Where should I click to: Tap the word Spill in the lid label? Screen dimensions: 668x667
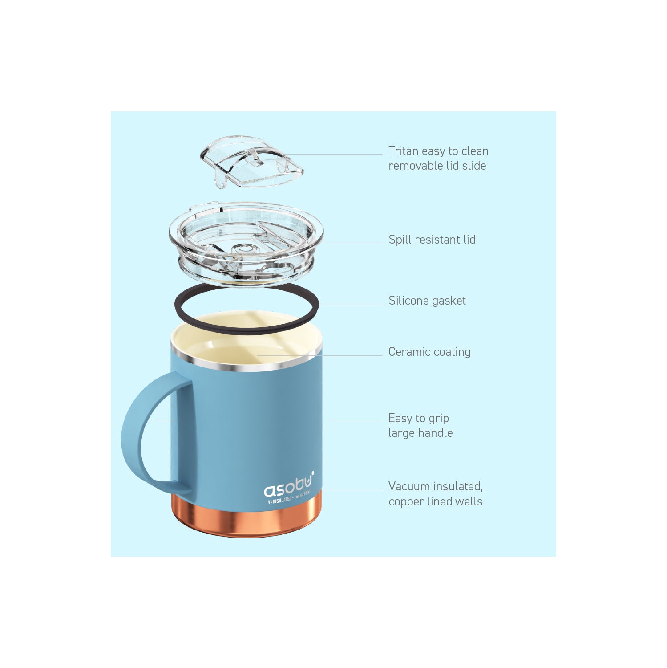(400, 240)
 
